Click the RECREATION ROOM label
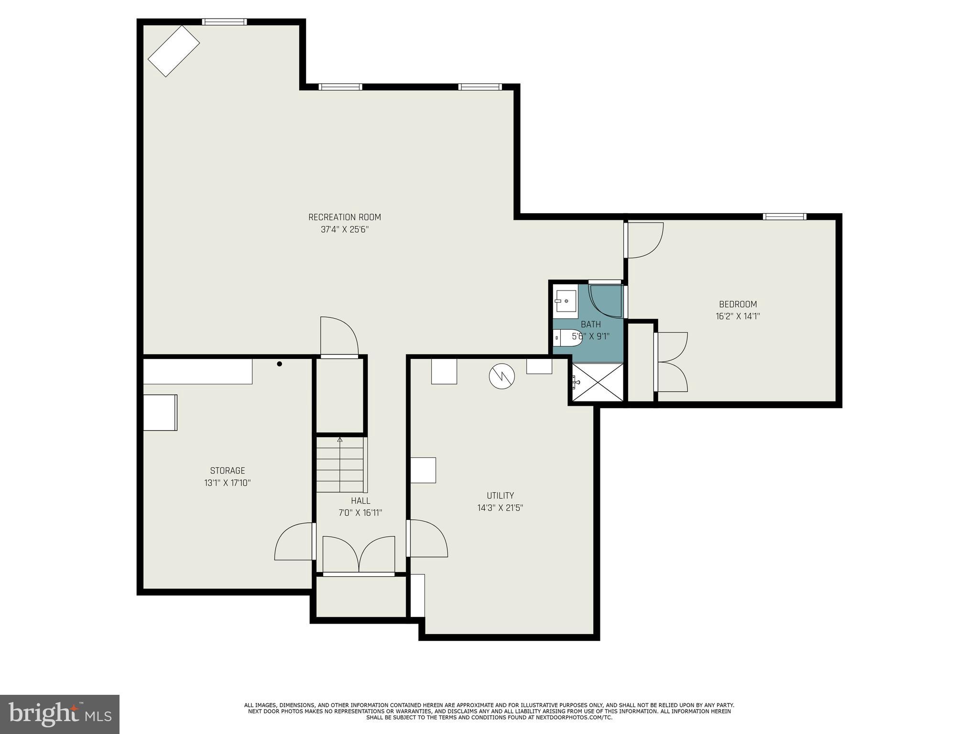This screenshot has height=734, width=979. (x=344, y=217)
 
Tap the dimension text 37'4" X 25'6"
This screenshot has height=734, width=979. (x=344, y=229)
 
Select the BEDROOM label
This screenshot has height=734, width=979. (x=738, y=304)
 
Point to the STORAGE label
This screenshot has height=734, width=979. (x=228, y=470)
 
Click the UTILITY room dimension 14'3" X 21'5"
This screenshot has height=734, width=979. (x=500, y=507)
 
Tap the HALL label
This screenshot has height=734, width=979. (x=360, y=501)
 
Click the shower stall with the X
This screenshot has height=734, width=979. (x=598, y=382)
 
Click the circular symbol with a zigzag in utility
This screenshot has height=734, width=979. (x=501, y=376)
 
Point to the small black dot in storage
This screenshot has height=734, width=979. (x=280, y=364)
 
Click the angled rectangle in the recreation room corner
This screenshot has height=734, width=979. (x=174, y=51)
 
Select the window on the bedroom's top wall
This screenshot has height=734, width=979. (x=784, y=216)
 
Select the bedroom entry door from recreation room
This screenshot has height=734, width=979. (x=643, y=240)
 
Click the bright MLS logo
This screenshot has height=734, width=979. (x=60, y=714)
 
